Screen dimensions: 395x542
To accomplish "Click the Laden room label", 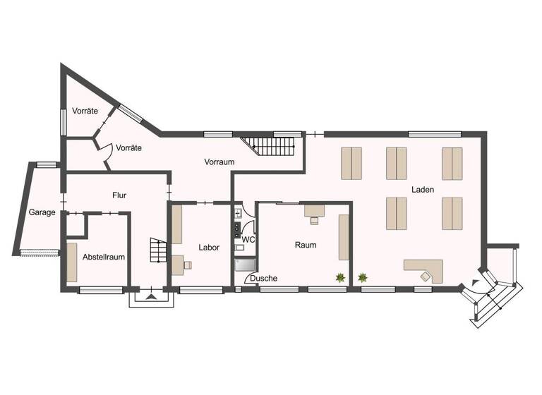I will click(423, 190).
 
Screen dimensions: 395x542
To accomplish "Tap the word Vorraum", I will click(219, 162).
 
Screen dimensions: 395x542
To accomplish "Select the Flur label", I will click(119, 195).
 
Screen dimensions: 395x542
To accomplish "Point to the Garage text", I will click(42, 212).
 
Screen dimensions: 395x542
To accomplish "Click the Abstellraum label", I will click(104, 257).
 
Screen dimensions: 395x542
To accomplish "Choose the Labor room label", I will click(209, 248).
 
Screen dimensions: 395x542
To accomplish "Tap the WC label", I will click(248, 240).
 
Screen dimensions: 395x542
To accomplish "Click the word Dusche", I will click(264, 279).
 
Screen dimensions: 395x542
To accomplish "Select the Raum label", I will click(306, 245).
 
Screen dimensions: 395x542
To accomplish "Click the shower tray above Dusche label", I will click(246, 265).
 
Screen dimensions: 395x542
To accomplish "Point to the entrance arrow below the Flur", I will click(150, 297).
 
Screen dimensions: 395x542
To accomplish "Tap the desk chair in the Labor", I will click(188, 265).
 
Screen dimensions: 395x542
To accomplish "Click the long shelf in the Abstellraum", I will click(72, 262).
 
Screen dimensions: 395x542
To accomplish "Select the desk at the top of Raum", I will click(314, 209).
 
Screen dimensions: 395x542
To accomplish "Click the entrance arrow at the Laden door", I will click(475, 284).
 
